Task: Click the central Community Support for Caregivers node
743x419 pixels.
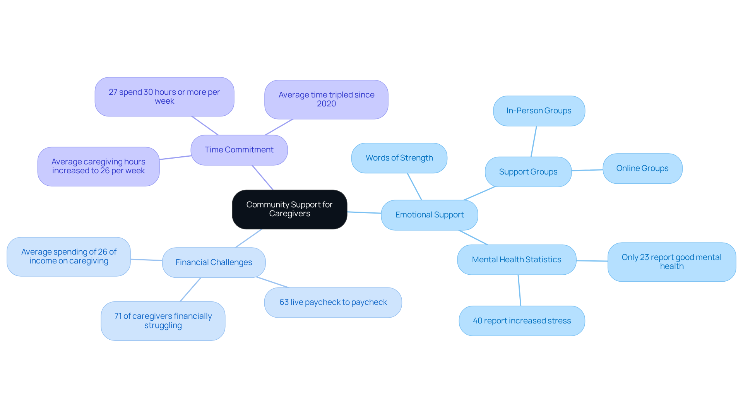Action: (289, 209)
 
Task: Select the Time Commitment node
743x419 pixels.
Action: (239, 150)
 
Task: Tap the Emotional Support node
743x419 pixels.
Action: (430, 215)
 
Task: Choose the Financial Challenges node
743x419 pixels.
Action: (214, 263)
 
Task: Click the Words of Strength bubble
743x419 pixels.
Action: (399, 158)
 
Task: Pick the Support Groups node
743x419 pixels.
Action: (528, 172)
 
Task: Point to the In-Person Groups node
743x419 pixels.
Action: (539, 111)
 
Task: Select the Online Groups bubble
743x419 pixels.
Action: (642, 169)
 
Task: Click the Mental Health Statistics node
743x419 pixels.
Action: (517, 260)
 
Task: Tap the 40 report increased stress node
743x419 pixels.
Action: (522, 321)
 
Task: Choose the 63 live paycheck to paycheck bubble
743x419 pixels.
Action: (333, 303)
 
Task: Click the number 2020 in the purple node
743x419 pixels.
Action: (326, 104)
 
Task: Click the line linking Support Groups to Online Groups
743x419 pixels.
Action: (587, 170)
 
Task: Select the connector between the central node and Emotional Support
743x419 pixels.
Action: (364, 213)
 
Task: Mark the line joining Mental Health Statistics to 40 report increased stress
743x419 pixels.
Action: (520, 291)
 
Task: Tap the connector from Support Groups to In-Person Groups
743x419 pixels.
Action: (534, 142)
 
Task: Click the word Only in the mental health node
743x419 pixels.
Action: (630, 258)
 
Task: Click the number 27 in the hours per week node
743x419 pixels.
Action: (113, 92)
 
